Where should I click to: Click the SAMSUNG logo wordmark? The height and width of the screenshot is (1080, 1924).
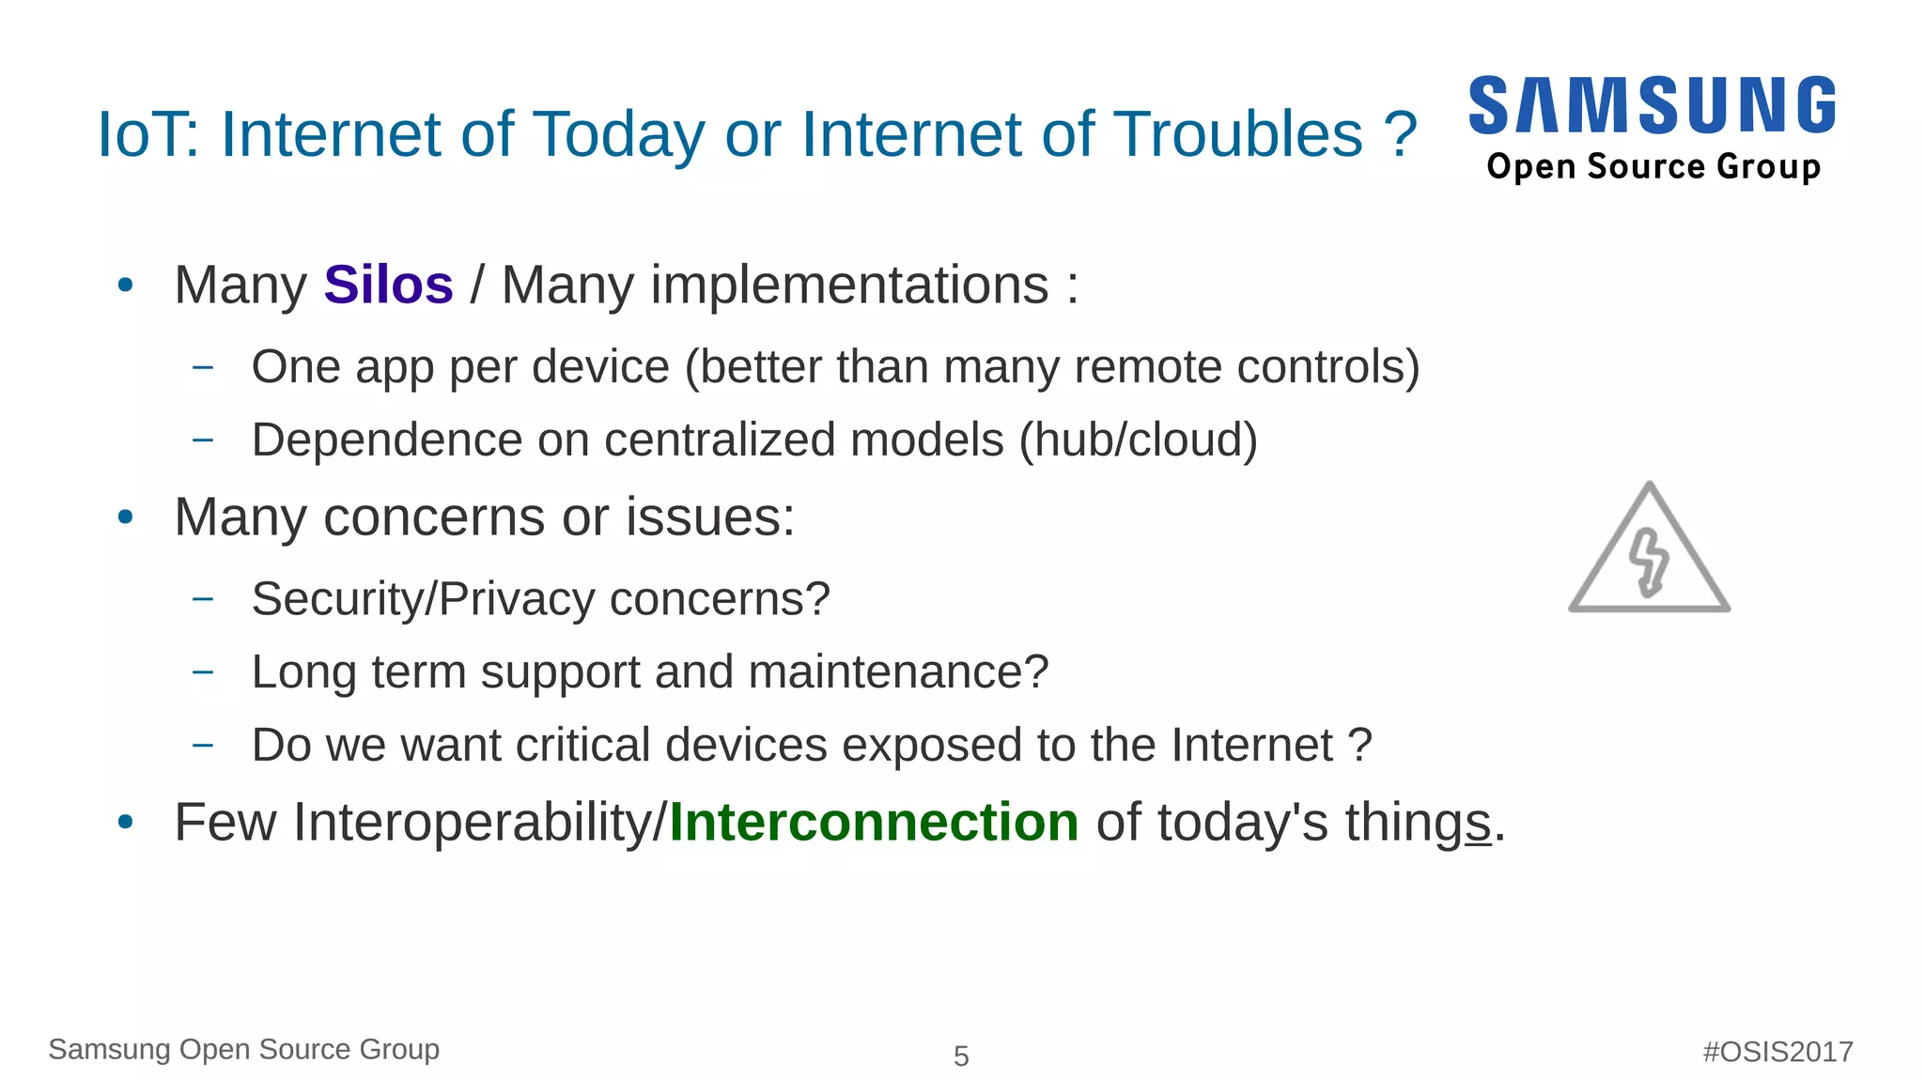pos(1652,105)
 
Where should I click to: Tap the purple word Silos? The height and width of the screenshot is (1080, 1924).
pos(388,285)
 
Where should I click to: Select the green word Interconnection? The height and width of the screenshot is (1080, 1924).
pos(873,823)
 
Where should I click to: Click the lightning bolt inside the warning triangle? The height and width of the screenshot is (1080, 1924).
pos(1649,562)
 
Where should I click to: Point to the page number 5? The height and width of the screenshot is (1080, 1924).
pos(961,1057)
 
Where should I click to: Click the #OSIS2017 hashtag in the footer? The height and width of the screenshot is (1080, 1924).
pos(1777,1051)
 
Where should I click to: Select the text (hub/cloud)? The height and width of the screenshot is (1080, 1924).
pos(1138,440)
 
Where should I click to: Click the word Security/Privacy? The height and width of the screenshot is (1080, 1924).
pos(423,599)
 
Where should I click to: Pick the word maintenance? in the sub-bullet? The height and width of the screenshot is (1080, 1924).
pos(897,672)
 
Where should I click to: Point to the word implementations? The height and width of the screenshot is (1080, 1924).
pos(775,285)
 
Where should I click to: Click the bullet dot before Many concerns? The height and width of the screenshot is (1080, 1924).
pos(126,517)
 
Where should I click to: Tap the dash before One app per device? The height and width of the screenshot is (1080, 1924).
pos(202,367)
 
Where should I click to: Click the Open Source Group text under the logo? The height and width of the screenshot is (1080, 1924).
pos(1653,167)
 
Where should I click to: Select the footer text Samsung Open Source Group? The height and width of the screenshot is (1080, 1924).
pos(243,1049)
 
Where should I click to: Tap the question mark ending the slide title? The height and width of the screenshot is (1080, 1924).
pos(1400,134)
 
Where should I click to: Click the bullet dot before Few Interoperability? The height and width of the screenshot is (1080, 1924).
pos(126,823)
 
